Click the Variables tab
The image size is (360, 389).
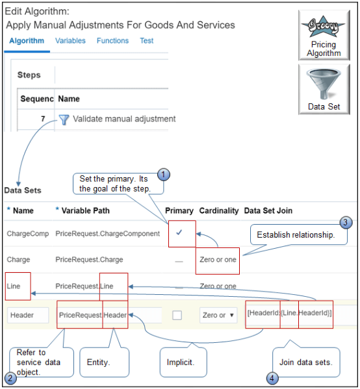70,40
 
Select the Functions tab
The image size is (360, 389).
112,40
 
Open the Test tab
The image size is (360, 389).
146,40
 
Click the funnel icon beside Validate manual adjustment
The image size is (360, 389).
64,119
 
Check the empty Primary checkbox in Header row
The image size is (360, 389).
177,315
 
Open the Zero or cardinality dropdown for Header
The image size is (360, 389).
218,315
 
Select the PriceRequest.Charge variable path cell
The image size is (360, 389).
89,260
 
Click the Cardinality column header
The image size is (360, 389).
218,210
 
